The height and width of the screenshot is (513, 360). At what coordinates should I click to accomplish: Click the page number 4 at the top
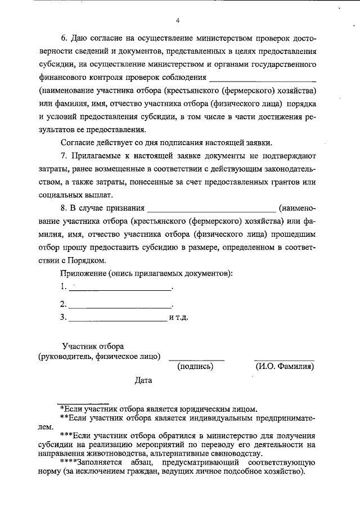click(178, 21)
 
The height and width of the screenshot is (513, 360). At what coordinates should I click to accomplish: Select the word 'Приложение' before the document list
click(83, 273)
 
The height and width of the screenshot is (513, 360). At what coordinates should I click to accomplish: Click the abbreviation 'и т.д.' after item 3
click(178, 317)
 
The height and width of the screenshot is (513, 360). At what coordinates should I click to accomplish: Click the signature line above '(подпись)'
click(196, 358)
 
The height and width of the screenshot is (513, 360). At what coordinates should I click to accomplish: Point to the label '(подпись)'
click(195, 367)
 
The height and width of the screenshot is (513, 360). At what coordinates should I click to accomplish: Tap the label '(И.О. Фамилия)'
click(284, 367)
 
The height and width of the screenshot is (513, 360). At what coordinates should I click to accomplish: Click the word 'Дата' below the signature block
click(143, 381)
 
